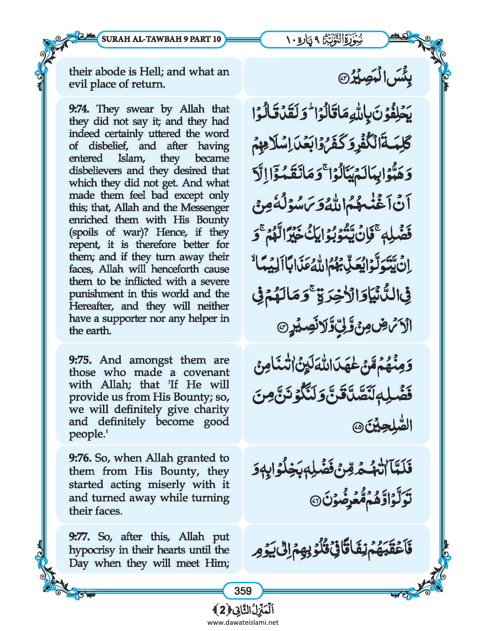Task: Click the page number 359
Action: tap(243, 590)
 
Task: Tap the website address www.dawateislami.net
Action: tap(243, 622)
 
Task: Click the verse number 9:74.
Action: tap(79, 109)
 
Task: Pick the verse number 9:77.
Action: tap(79, 537)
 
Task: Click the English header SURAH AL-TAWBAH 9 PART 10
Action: tap(161, 39)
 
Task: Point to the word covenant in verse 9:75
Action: tap(206, 372)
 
